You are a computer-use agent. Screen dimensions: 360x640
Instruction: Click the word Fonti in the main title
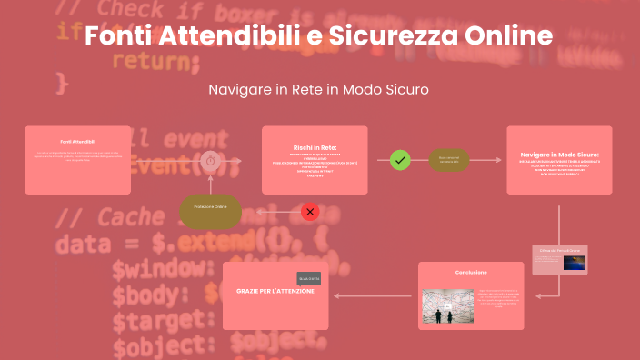coord(112,36)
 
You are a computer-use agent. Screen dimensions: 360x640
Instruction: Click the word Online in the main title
coord(509,36)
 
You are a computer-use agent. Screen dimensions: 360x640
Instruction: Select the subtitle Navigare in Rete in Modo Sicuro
coord(318,90)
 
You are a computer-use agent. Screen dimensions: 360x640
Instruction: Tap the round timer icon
coord(210,160)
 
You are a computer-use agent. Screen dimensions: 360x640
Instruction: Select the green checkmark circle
coord(400,160)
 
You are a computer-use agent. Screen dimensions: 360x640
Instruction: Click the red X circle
coord(310,212)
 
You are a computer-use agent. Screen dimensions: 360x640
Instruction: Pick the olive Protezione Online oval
coord(210,208)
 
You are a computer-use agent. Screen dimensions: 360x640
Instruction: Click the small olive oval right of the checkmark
coord(449,160)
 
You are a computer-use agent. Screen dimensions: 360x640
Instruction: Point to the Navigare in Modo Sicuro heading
coord(559,155)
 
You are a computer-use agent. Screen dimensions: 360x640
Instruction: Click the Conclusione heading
coord(471,272)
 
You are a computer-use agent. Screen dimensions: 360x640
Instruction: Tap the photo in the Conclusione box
coord(447,306)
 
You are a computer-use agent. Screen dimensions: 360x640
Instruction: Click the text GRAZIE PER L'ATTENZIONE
coord(275,291)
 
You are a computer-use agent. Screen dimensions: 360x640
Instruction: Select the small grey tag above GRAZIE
coord(309,278)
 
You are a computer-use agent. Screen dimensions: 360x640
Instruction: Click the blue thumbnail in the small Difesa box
coord(574,262)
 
